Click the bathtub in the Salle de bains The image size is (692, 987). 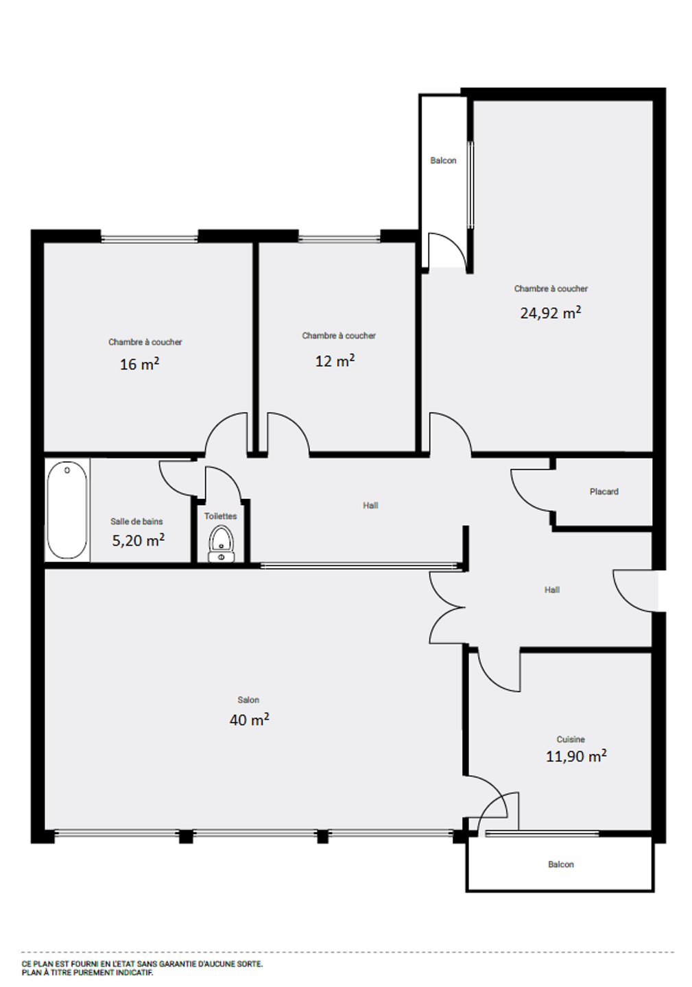67,510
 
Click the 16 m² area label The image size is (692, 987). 139,363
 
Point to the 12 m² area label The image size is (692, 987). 335,361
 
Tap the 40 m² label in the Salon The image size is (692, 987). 249,720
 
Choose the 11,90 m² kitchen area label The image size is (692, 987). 576,755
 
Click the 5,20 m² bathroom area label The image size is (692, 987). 139,540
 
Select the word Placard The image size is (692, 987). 604,491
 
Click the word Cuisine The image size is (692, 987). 571,740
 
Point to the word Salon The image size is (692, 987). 248,700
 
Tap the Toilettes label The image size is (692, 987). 220,516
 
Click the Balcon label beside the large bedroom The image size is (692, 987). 443,160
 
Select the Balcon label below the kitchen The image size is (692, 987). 560,864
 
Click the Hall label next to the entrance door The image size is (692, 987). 552,589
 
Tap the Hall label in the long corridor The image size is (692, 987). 370,505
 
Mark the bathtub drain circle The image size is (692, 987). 67,470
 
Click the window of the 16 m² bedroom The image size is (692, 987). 150,239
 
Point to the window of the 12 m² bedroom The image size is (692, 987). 339,239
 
